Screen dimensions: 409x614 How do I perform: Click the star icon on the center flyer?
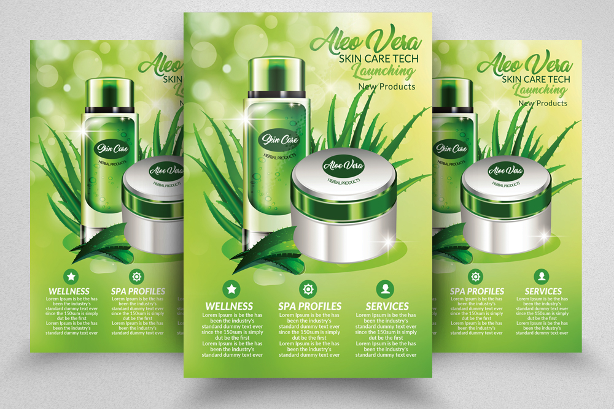[231, 289]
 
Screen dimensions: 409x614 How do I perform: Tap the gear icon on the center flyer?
[308, 289]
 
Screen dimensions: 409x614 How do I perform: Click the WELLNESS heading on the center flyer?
[229, 306]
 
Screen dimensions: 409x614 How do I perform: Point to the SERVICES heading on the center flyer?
[387, 306]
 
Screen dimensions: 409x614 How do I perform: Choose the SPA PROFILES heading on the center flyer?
[310, 306]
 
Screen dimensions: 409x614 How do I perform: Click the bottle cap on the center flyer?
[276, 75]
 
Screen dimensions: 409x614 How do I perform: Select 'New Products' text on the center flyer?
[387, 86]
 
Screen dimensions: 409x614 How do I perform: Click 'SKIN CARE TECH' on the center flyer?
[379, 59]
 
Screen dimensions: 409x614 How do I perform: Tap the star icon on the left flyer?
[71, 276]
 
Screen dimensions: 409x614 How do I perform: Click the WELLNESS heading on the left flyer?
[69, 291]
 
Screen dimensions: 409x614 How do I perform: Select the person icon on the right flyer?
[541, 276]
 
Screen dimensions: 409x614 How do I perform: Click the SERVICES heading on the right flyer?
[543, 291]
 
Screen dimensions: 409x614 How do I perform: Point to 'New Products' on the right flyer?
[543, 103]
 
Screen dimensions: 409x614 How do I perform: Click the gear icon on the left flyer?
[137, 276]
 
